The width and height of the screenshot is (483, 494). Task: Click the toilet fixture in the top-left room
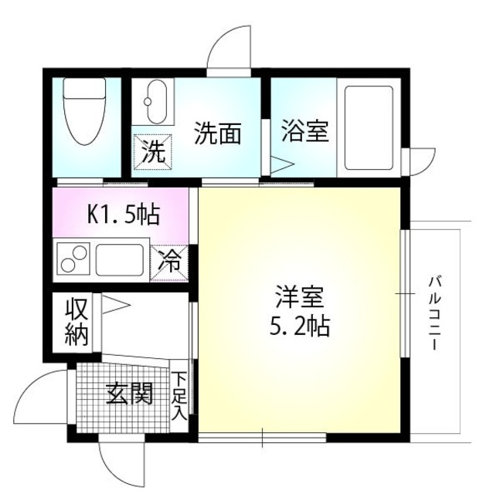(84, 114)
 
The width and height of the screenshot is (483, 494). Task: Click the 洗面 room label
(217, 134)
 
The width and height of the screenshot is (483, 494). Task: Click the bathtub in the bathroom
(369, 129)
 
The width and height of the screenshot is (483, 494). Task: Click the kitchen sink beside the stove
(120, 259)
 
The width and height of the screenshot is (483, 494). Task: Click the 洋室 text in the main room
(299, 298)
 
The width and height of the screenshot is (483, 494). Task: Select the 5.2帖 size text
(299, 327)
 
